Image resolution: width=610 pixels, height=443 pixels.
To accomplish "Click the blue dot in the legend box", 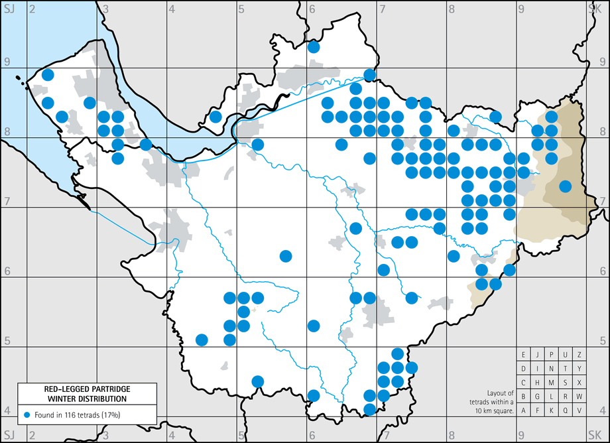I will [x=27, y=414].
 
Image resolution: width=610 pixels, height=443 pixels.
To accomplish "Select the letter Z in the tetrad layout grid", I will [x=579, y=354].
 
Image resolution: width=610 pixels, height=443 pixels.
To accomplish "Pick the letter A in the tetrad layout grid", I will [x=524, y=410].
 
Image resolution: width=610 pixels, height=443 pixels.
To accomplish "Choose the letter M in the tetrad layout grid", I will [x=551, y=382].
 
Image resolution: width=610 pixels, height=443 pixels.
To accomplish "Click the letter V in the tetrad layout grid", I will [x=579, y=410].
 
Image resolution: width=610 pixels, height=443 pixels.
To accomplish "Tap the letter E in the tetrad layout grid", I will [x=524, y=354].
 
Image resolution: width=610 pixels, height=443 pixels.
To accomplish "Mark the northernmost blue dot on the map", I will [x=314, y=47].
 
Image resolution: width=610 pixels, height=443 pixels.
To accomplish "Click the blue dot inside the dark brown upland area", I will [x=565, y=186].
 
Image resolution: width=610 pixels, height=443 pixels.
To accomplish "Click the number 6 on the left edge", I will [x=7, y=271].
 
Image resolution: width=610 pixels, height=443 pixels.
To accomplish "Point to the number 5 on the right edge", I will [x=603, y=341].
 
